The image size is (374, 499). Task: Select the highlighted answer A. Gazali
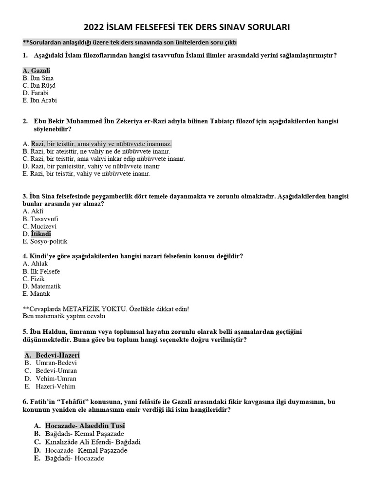[37, 71]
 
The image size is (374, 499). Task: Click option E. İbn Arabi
[39, 100]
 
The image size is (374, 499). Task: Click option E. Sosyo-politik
[45, 241]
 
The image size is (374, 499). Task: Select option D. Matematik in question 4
[41, 287]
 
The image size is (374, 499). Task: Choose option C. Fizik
[34, 279]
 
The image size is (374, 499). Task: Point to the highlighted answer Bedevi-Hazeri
[57, 355]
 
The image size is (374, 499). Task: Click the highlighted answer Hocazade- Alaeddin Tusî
[85, 426]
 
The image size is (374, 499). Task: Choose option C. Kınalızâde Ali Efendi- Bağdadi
[93, 442]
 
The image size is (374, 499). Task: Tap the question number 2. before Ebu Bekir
[25, 121]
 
